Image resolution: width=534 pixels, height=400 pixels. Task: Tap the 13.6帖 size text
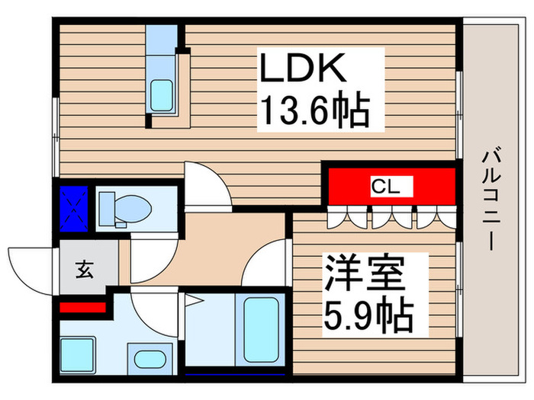314,112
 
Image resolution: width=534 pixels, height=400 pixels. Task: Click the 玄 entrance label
83,269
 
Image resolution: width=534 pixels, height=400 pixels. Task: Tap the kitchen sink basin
161,94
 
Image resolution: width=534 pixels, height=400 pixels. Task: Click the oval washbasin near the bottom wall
146,359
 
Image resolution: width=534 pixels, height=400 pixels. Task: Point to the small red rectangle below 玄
82,307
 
